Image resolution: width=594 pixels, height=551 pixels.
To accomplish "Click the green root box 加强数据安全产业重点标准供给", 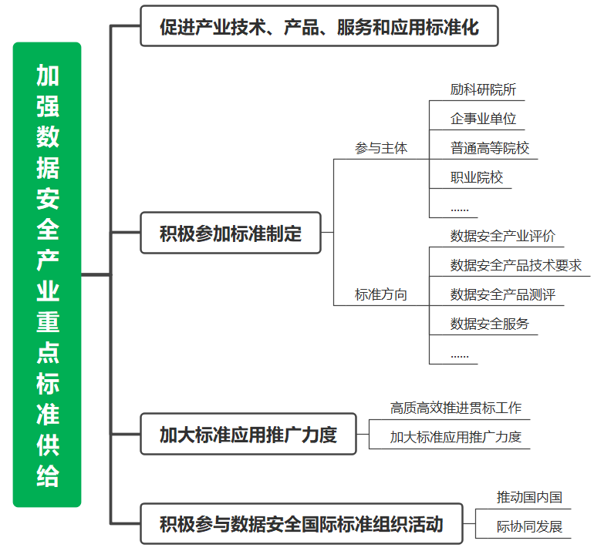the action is click(47, 274).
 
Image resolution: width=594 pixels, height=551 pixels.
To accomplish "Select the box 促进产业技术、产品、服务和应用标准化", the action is click(319, 26).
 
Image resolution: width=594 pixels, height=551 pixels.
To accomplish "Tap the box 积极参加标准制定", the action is click(231, 233).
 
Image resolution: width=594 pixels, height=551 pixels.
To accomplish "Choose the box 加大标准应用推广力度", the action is click(248, 434).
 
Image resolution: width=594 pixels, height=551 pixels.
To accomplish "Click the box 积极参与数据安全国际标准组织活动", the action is click(302, 524).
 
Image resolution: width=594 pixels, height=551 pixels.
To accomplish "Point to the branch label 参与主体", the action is click(381, 148).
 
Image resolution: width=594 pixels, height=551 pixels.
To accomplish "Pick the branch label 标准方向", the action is click(381, 294).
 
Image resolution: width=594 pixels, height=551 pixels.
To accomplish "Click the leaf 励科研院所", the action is click(483, 89).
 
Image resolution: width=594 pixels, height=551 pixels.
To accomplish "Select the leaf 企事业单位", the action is click(483, 119).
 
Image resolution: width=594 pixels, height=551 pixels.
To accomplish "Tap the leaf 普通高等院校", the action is click(489, 148).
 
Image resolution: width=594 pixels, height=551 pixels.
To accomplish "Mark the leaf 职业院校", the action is click(477, 177).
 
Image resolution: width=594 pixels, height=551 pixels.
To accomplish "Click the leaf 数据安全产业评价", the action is click(503, 236).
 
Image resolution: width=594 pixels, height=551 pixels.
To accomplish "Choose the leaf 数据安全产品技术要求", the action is click(515, 265).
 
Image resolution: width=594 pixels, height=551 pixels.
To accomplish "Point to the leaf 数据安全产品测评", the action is click(503, 294).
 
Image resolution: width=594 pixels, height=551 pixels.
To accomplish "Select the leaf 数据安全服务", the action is click(489, 324).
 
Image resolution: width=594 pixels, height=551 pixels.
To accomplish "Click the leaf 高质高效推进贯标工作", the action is click(456, 408).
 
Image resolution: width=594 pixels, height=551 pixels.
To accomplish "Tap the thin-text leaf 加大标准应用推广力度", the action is click(456, 437).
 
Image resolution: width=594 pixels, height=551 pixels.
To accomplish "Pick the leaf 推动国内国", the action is click(529, 497).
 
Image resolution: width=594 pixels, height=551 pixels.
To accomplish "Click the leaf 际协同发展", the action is click(529, 526).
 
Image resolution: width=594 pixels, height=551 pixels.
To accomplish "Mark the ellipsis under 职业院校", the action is click(460, 210).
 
